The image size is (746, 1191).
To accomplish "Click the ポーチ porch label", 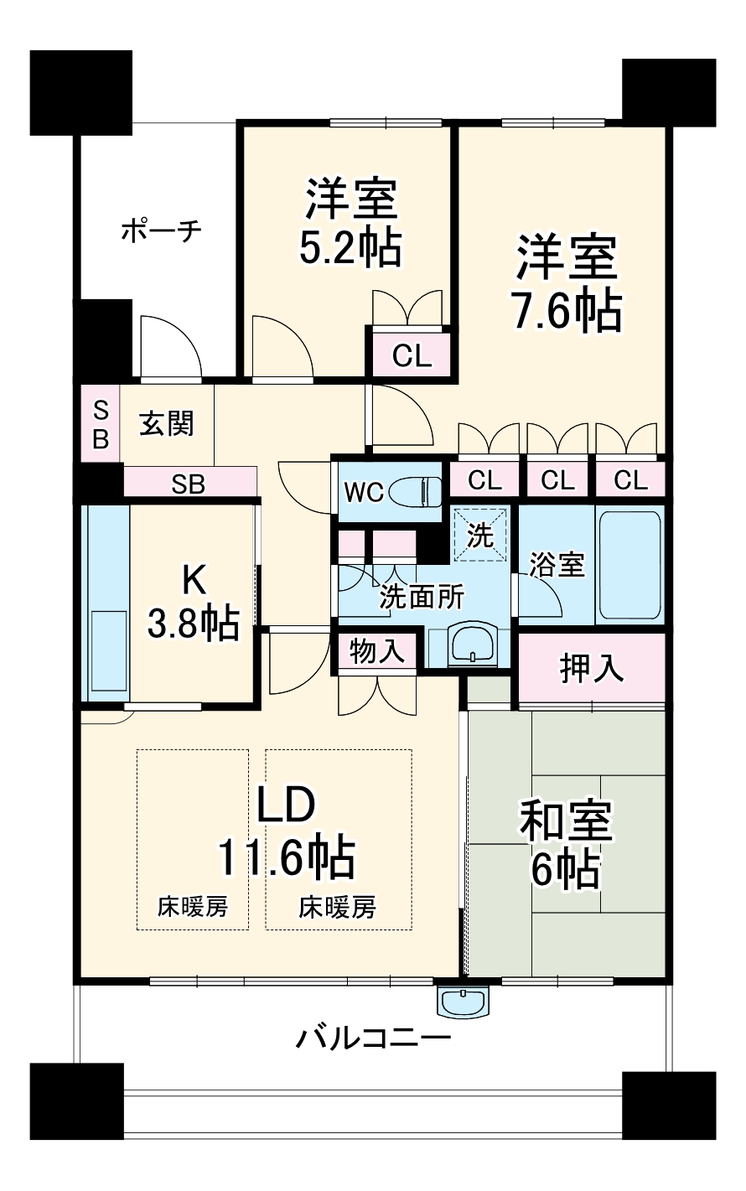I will coord(159,230).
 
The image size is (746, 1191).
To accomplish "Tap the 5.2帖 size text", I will coord(350,247).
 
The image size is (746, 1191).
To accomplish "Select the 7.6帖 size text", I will coord(567,311).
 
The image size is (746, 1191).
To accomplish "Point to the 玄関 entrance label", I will coord(167,424).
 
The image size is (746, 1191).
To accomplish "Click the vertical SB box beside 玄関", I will coord(101,424).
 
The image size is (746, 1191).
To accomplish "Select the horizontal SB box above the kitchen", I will coord(189,484).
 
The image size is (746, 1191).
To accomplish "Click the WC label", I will coord(364,492).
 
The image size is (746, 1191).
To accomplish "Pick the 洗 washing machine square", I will coord(480,535).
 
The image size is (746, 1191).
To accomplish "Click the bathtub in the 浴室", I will coord(629,563).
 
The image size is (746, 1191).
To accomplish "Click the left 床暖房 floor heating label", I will coord(193,906).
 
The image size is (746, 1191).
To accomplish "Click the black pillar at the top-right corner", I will coord(669,91).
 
